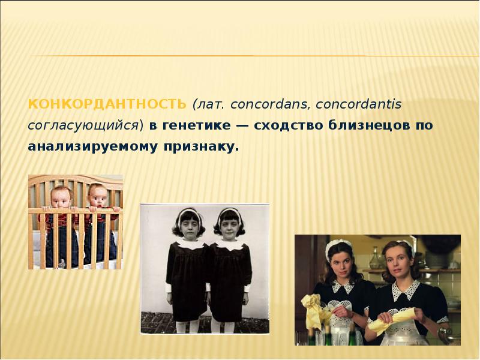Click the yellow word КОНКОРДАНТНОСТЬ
pos(107,104)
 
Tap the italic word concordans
pos(268,104)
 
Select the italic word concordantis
pos(358,104)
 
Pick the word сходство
pos(289,125)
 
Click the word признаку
pos(201,147)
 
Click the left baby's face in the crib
pos(61,197)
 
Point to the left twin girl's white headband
pos(189,213)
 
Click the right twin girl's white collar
pos(230,244)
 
